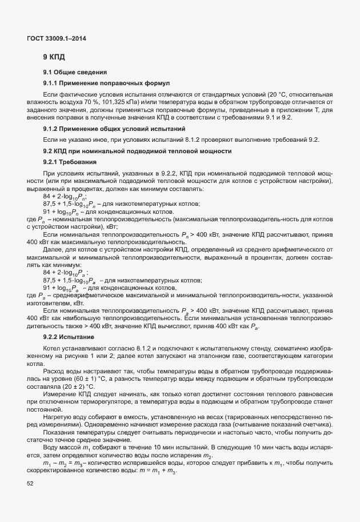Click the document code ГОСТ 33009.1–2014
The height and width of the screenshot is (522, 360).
(57, 38)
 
